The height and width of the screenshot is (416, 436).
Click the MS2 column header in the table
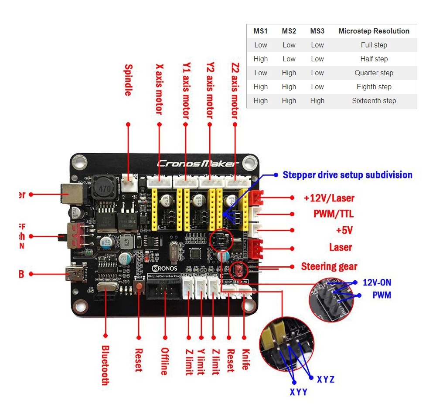point(289,31)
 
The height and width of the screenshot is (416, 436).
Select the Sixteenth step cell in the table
point(374,101)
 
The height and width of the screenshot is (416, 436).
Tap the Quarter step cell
point(374,73)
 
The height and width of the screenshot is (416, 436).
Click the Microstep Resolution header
point(374,31)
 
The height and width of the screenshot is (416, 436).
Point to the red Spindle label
point(128,80)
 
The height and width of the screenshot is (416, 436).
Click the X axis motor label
point(159,89)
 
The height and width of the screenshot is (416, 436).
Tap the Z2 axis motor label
point(235,91)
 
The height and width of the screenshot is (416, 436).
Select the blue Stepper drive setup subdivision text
point(347,175)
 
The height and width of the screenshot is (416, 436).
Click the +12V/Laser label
point(329,198)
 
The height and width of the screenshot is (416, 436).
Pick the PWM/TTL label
point(334,214)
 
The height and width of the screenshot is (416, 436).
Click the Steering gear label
point(329,266)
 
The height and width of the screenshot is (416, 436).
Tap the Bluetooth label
point(105,365)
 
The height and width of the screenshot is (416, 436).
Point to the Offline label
point(164,361)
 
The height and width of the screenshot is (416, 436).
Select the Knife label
point(245,359)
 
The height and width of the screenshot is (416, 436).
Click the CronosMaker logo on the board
point(198,164)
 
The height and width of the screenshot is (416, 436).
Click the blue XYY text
point(299,392)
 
